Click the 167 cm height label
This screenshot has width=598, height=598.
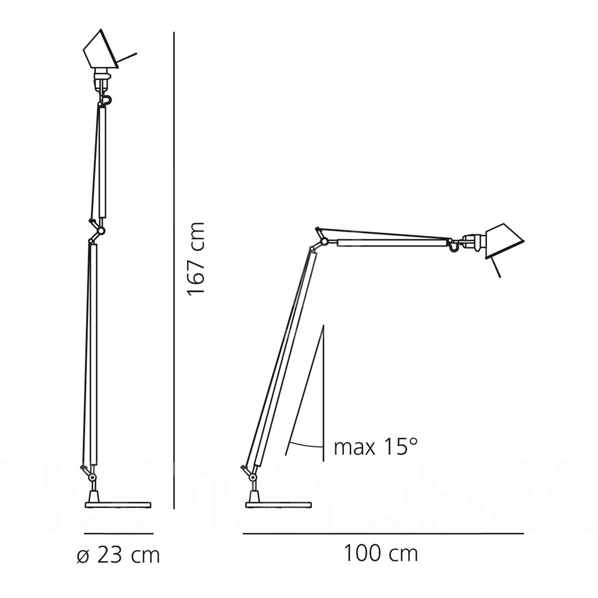point(195,258)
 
